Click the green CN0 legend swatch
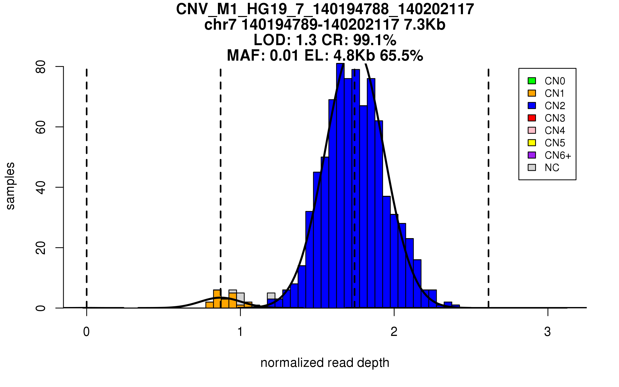[x=532, y=81]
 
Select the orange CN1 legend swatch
[x=532, y=93]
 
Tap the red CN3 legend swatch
[x=532, y=118]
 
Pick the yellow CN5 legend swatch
[x=532, y=143]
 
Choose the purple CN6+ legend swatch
[x=532, y=155]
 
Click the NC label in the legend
[x=552, y=168]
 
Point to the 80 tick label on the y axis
[x=41, y=67]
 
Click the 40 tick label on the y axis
[x=41, y=188]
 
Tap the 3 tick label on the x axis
[x=548, y=332]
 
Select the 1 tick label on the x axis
[x=240, y=332]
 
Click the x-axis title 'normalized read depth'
[x=325, y=363]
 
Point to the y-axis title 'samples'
[x=10, y=186]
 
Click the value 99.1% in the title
[x=374, y=40]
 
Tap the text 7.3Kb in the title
[x=425, y=25]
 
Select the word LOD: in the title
[x=272, y=40]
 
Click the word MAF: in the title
[x=246, y=55]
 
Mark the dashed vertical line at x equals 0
[x=87, y=181]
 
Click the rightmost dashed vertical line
[x=488, y=181]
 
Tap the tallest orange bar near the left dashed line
[x=217, y=299]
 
